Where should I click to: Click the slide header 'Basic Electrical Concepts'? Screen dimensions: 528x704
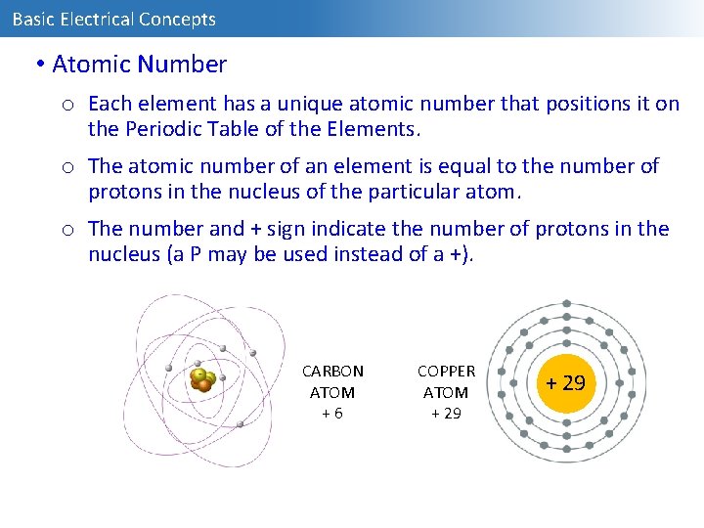coord(113,19)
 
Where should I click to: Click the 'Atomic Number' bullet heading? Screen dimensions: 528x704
coord(139,65)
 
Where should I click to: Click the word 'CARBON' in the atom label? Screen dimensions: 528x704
coord(332,372)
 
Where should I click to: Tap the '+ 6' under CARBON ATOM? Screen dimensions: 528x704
coord(332,413)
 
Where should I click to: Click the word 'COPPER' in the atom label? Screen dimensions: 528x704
coord(446,372)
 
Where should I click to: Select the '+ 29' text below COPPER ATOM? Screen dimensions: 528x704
coord(446,413)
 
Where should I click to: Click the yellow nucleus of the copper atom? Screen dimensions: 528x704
coord(566,382)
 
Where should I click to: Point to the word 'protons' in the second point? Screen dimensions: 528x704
coord(122,191)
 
